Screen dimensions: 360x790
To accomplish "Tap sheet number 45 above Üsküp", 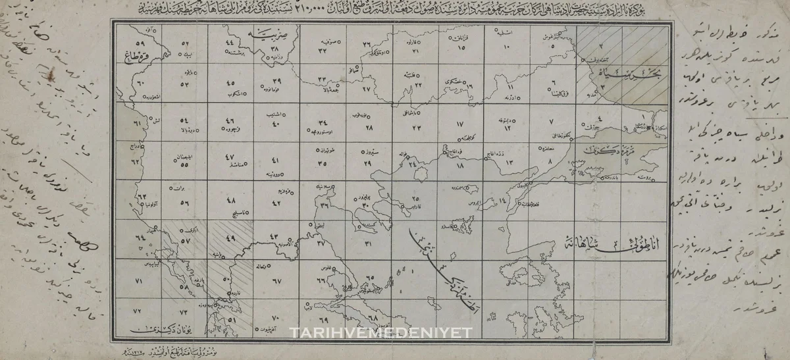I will (230, 84).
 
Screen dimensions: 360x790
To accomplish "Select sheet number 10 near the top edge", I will (506, 47).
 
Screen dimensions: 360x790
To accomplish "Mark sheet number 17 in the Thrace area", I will (460, 123).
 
